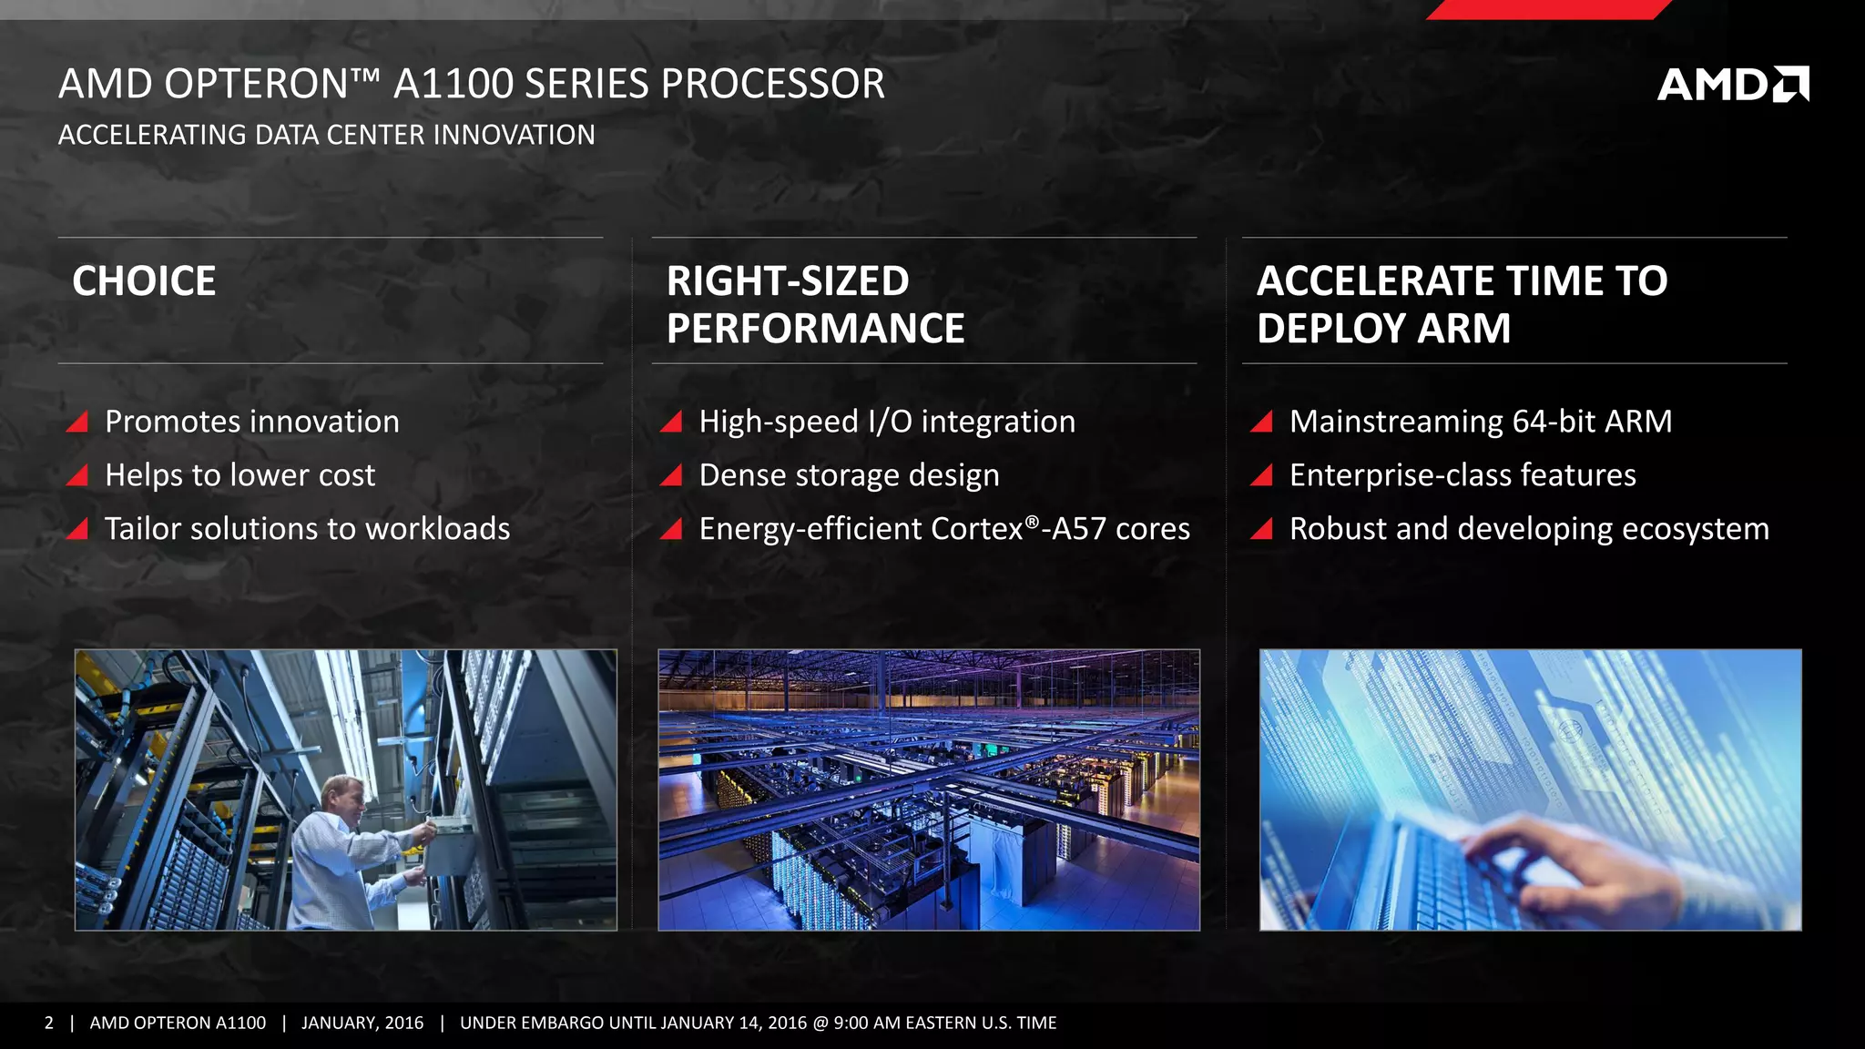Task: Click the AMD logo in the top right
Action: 1732,85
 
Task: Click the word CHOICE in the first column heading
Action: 144,281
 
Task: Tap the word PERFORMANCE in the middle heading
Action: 815,329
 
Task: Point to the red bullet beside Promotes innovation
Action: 77,422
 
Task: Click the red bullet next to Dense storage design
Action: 671,475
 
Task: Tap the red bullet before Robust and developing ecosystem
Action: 1261,529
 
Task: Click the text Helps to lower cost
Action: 239,475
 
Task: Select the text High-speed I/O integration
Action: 887,422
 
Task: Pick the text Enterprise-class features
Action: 1462,475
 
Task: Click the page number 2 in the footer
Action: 49,1023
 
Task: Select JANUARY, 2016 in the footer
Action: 362,1023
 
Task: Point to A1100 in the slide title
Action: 454,84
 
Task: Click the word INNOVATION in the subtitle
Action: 514,135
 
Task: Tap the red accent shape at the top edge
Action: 1548,9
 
